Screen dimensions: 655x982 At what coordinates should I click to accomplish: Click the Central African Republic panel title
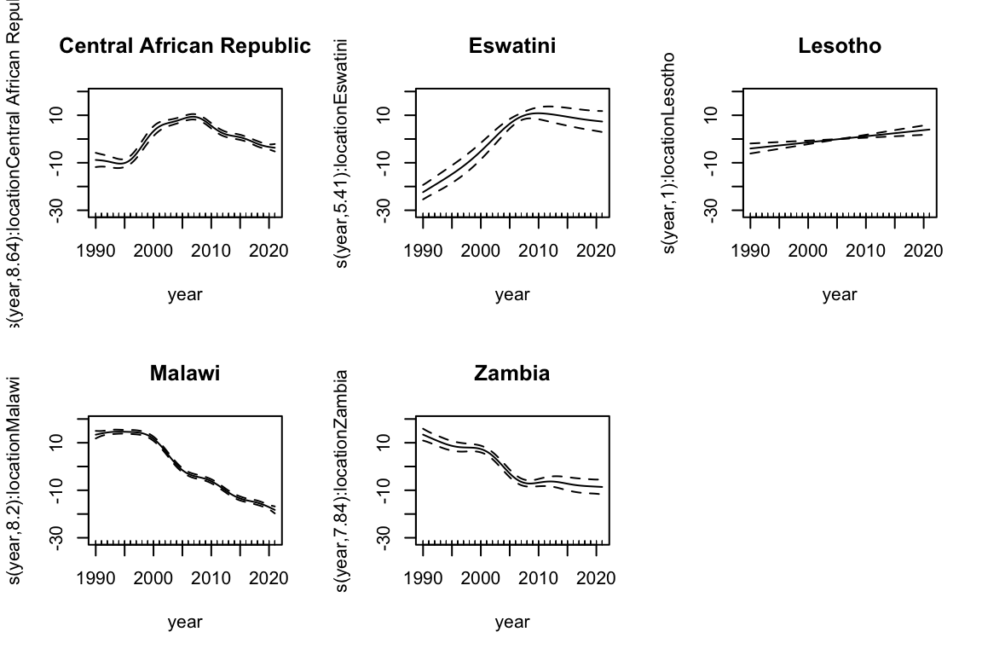click(x=185, y=46)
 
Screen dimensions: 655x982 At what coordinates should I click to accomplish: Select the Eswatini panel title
click(x=512, y=46)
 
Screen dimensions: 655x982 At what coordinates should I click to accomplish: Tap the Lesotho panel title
click(x=840, y=46)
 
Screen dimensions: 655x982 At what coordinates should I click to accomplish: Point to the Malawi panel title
click(x=185, y=373)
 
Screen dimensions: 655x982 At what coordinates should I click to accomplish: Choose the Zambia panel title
click(x=512, y=373)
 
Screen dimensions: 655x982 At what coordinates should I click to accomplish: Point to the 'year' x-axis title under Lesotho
click(x=840, y=295)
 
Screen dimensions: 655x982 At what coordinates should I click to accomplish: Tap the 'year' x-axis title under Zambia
click(x=512, y=623)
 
